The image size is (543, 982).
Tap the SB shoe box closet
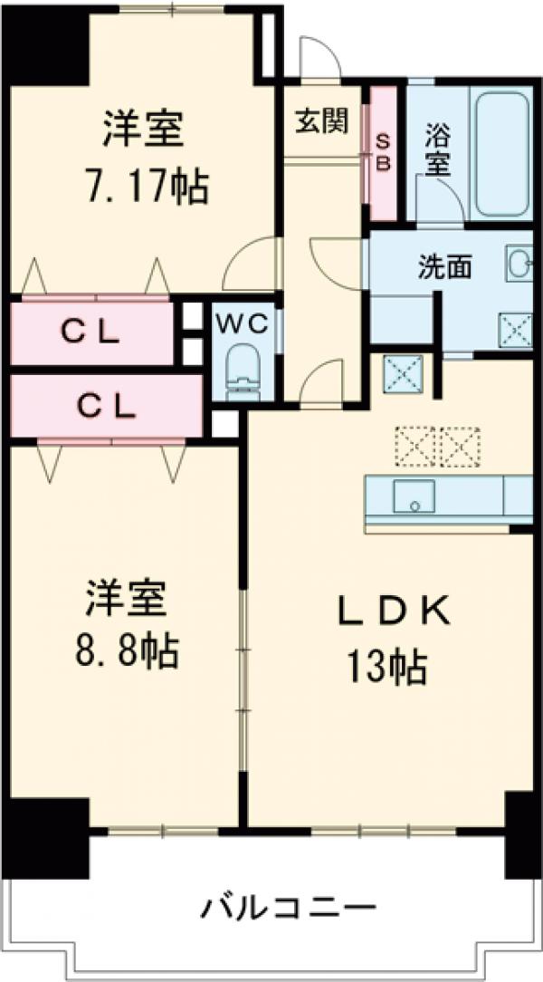(383, 152)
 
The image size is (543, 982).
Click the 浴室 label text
(438, 151)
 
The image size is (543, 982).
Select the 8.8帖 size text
(127, 650)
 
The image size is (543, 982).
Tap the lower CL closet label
(104, 407)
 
